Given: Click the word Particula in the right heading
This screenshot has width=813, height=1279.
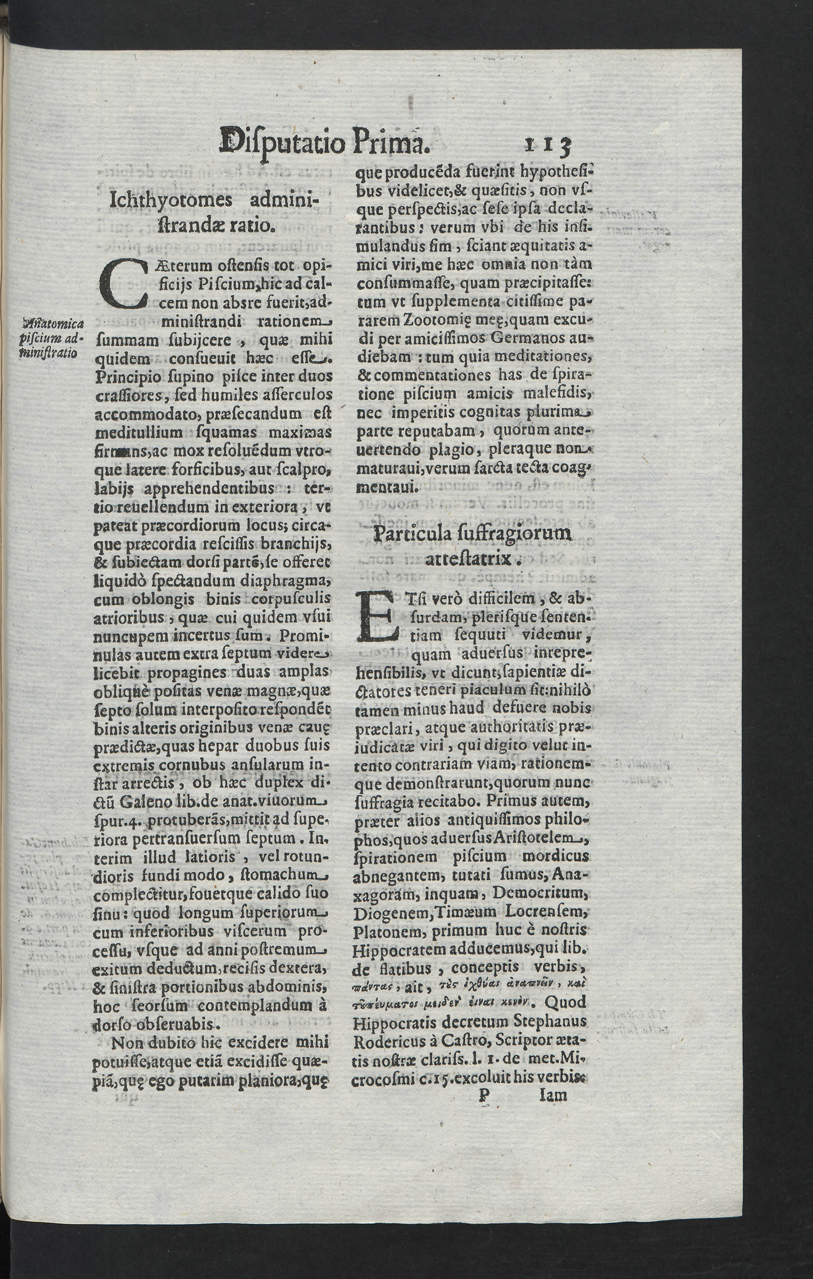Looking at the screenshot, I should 413,533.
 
